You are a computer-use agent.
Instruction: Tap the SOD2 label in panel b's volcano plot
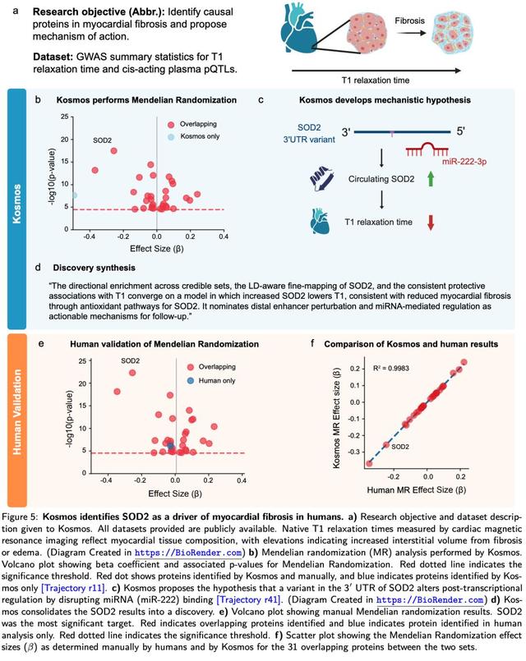point(103,140)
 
